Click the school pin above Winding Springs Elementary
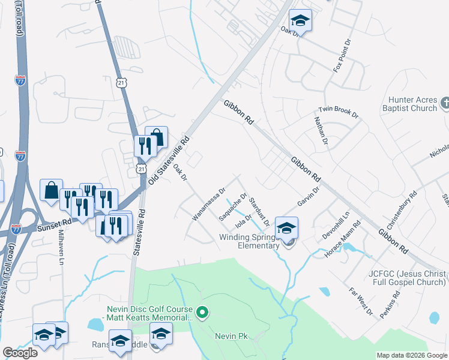coord(287,228)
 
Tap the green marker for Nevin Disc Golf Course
coord(202,311)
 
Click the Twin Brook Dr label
coord(338,111)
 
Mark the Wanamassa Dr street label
coord(208,204)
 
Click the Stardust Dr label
coord(259,208)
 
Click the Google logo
coord(20,353)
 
